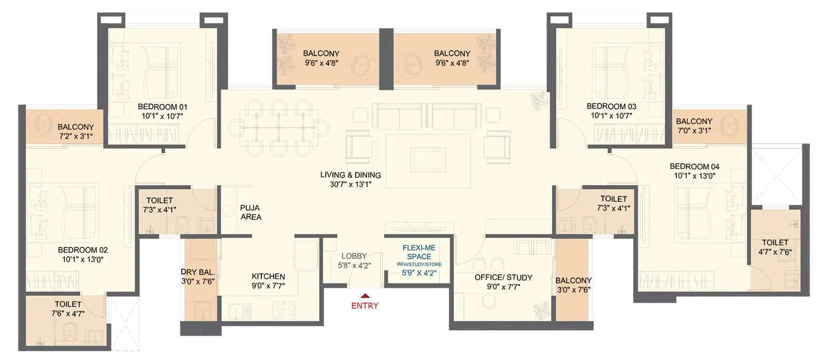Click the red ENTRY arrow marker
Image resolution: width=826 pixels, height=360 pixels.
(364, 296)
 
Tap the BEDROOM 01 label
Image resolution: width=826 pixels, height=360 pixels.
(162, 107)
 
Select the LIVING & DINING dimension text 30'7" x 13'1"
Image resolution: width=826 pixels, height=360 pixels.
(351, 184)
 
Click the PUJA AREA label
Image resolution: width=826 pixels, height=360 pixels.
(250, 212)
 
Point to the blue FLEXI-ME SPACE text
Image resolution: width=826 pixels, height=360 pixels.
(419, 252)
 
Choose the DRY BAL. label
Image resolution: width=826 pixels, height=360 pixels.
(197, 272)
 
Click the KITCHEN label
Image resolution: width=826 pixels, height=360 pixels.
(268, 276)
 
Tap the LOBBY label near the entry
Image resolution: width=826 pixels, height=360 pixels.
(354, 256)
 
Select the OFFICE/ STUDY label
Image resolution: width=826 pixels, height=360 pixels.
(503, 277)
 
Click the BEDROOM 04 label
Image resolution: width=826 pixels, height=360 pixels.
(694, 166)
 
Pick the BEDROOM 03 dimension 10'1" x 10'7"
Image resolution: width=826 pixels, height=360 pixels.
(611, 116)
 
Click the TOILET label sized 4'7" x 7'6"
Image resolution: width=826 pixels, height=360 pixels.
(775, 242)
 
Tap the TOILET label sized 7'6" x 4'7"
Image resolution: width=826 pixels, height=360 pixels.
(68, 304)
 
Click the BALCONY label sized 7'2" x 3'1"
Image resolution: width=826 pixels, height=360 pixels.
(75, 127)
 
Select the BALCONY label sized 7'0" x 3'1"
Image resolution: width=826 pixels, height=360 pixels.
(694, 121)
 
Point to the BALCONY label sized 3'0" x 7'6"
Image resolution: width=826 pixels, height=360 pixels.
(573, 280)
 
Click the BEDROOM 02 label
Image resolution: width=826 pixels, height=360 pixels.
(83, 250)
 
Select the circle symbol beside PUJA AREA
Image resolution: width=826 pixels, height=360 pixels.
(230, 210)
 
